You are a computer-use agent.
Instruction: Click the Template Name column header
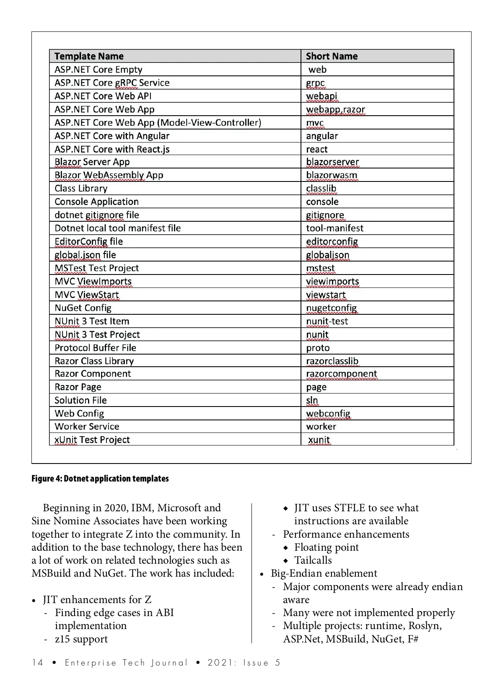[x=89, y=56]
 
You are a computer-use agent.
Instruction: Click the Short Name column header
[x=332, y=56]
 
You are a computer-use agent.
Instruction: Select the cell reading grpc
[x=315, y=83]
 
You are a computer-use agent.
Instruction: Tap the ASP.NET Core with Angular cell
[x=112, y=136]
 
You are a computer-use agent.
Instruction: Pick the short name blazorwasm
[x=332, y=175]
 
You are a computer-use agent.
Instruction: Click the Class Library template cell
[x=81, y=189]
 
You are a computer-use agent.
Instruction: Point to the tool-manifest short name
[x=334, y=228]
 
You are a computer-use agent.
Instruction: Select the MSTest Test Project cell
[x=96, y=268]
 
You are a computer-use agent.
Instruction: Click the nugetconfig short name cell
[x=331, y=308]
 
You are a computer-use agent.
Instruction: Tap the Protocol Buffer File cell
[x=95, y=348]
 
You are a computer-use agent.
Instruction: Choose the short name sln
[x=312, y=400]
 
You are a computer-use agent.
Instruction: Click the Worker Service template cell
[x=87, y=427]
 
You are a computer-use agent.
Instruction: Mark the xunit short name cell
[x=319, y=440]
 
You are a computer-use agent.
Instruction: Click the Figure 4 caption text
[x=100, y=479]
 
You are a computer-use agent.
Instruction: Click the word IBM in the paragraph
[x=142, y=508]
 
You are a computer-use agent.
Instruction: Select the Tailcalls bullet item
[x=313, y=560]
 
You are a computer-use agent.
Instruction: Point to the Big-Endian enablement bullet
[x=324, y=573]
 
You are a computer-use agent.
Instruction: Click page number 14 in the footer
[x=37, y=663]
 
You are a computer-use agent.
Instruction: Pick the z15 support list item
[x=81, y=639]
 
